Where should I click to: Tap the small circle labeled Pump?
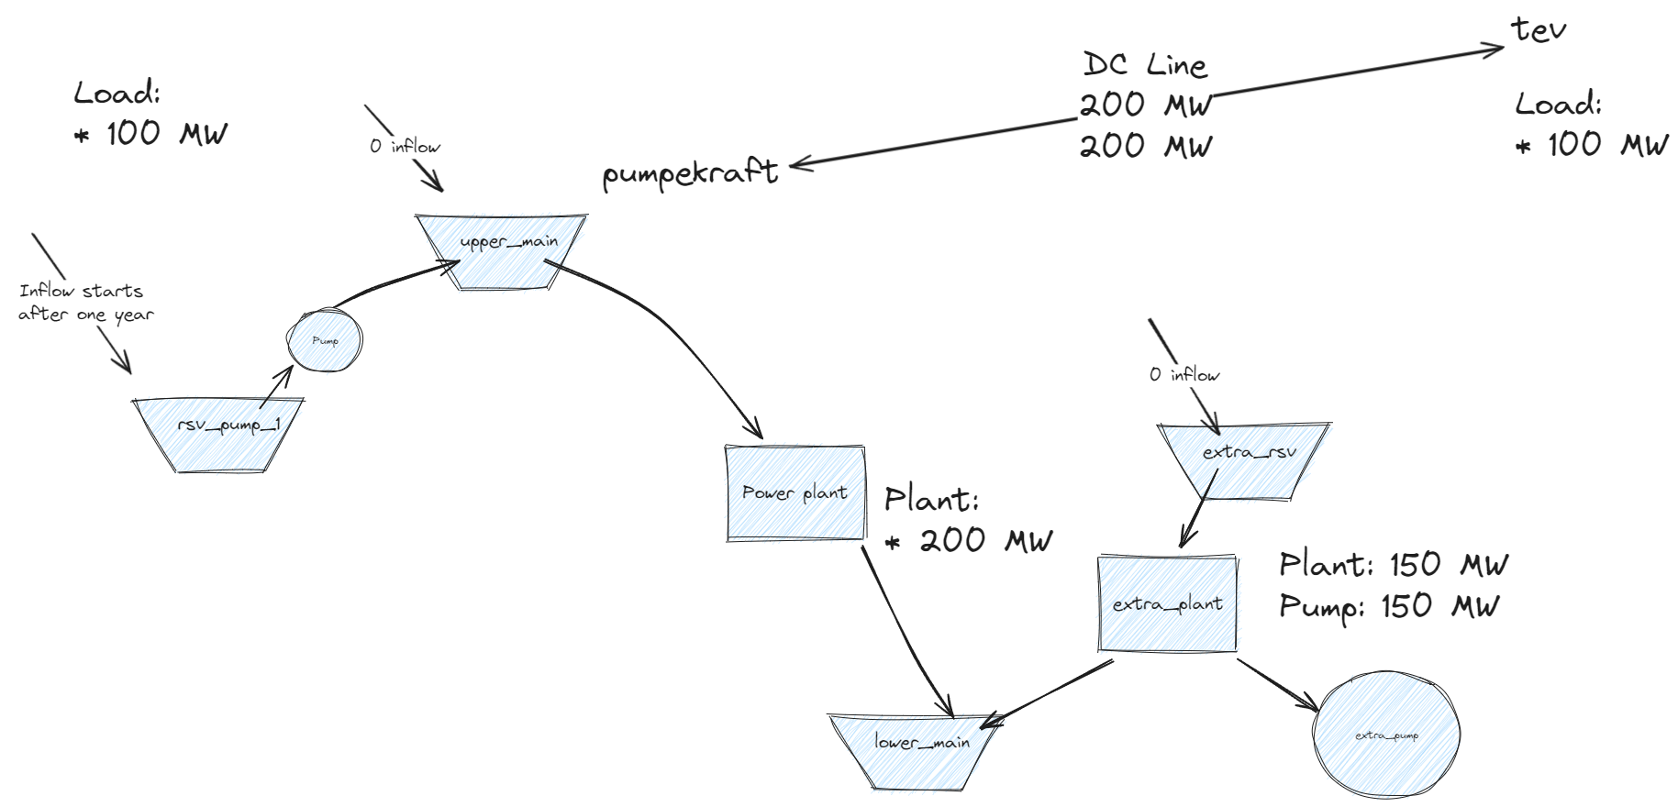coord(325,341)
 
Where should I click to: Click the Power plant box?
coord(795,493)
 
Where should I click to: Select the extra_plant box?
coord(1167,603)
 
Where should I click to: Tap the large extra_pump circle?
coord(1385,735)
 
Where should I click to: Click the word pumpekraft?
coord(690,173)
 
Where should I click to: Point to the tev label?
coord(1539,29)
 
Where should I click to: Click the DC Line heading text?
coord(1145,64)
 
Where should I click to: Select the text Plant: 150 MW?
coord(1393,564)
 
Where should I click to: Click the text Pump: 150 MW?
coord(1389,606)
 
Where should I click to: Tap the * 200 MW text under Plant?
coord(969,540)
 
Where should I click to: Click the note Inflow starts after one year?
coord(84,303)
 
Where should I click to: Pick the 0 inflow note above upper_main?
coord(405,147)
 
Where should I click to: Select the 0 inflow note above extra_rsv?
coord(1183,374)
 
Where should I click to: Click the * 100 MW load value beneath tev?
coord(1592,144)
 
